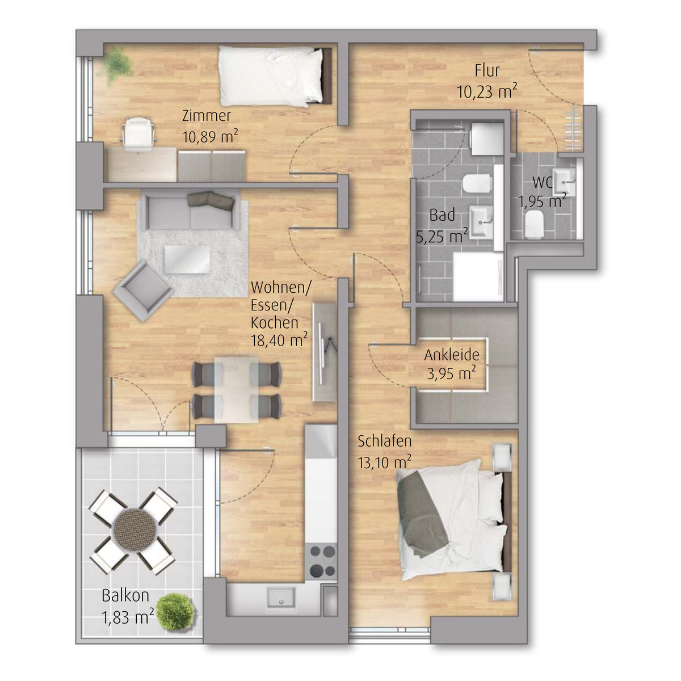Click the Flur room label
487,71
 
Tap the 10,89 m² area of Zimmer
210,136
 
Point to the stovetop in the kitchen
322,561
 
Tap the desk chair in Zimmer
138,135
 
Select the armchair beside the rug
143,291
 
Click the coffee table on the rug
187,259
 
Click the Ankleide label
452,355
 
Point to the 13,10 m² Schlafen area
385,463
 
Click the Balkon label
125,595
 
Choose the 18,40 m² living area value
279,340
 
